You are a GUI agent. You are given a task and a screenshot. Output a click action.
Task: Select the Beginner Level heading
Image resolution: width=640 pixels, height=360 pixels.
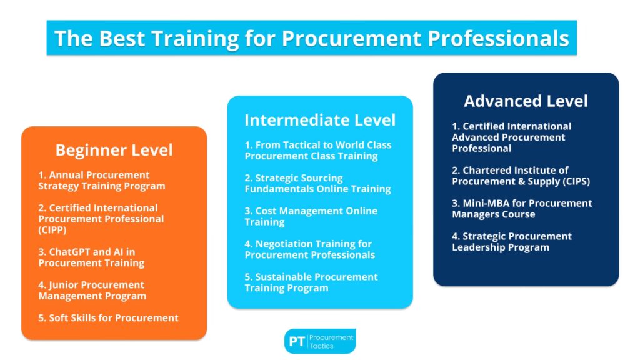[x=114, y=150]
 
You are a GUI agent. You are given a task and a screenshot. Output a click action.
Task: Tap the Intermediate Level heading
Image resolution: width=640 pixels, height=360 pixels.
[x=320, y=120]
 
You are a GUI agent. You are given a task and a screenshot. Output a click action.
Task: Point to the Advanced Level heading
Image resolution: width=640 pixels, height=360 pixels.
[x=526, y=101]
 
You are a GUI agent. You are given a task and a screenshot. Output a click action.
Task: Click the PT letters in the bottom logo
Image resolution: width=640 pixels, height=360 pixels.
[x=297, y=342]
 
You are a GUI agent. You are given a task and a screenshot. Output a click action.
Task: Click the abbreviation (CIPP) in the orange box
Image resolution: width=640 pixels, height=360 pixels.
[x=52, y=230]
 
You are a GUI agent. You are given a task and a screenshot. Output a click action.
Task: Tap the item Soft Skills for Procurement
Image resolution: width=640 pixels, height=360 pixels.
[x=108, y=318]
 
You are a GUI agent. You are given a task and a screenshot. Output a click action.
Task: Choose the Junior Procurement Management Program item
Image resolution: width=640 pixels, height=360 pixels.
[x=92, y=290]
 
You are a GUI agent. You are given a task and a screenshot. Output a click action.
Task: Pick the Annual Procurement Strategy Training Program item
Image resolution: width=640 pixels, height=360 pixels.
[x=102, y=181]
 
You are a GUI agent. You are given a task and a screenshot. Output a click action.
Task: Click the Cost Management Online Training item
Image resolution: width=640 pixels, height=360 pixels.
[x=311, y=216]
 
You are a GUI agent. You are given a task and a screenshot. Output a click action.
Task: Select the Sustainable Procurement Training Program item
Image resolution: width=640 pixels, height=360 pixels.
[x=311, y=282]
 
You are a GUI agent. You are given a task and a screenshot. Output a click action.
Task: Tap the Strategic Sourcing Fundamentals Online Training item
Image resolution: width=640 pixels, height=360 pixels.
[x=317, y=183]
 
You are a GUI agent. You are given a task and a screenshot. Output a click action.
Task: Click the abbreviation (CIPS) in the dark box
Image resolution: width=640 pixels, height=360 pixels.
[x=576, y=182]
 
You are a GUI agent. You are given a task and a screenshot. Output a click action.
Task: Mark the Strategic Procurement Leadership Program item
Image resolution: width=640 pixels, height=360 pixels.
[x=512, y=242]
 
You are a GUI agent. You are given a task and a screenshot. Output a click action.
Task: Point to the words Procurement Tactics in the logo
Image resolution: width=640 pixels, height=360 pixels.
[x=331, y=342]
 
